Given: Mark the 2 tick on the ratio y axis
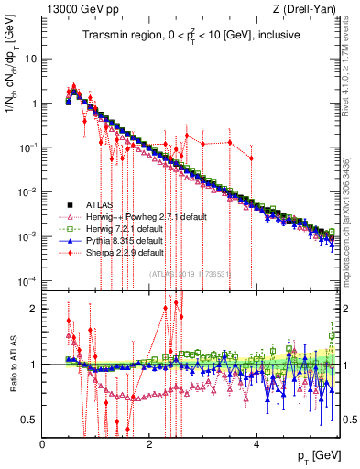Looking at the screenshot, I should pyautogui.click(x=34, y=308).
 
